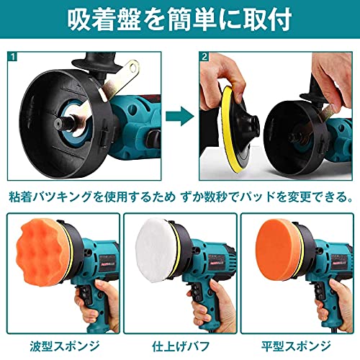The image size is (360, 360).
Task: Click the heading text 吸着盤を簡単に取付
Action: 180,22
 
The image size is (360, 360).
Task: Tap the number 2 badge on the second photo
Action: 205,56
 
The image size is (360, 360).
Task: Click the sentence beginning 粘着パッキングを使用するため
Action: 180,195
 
